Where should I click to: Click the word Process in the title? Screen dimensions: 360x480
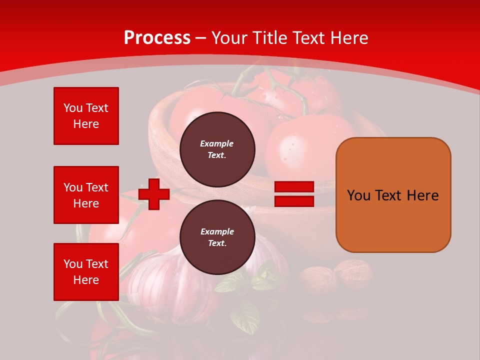point(157,38)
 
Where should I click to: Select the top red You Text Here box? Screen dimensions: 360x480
point(86,116)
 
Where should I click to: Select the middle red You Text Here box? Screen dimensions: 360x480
point(86,195)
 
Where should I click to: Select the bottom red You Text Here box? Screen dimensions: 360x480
point(86,272)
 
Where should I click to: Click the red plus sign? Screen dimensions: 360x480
point(154,194)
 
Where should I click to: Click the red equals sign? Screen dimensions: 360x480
point(294,194)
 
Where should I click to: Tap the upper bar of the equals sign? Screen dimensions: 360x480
point(294,187)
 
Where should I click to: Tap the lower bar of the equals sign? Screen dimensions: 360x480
point(294,201)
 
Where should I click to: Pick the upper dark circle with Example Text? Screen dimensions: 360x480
point(217,149)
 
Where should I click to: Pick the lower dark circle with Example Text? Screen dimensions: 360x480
point(217,237)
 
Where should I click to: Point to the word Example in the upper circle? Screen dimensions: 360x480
point(217,143)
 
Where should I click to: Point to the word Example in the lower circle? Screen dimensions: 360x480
point(217,231)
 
